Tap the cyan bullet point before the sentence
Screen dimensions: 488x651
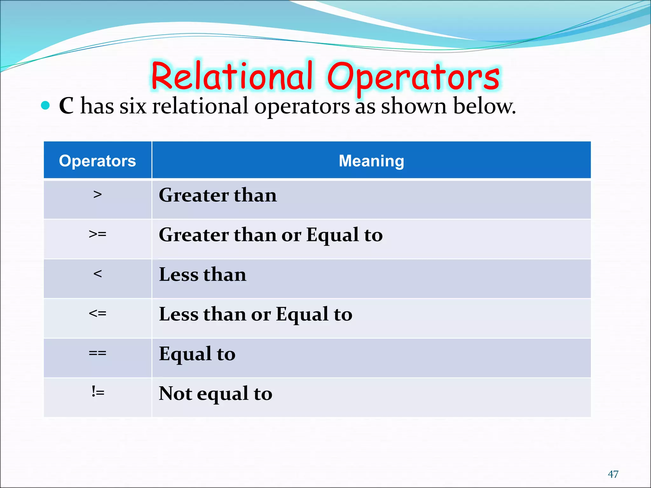pyautogui.click(x=45, y=105)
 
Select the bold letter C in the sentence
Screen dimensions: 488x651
pyautogui.click(x=66, y=106)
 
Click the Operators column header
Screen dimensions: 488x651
pyautogui.click(x=97, y=161)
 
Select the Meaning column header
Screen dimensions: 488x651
pyautogui.click(x=371, y=161)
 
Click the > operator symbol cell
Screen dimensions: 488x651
pyautogui.click(x=98, y=194)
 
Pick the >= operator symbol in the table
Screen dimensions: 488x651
pyautogui.click(x=98, y=234)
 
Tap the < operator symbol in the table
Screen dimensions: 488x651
pyautogui.click(x=98, y=274)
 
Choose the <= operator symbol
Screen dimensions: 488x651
pyautogui.click(x=98, y=314)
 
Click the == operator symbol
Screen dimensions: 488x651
pyautogui.click(x=98, y=353)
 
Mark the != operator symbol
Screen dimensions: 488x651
pyautogui.click(x=98, y=392)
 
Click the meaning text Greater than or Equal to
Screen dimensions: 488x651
pyautogui.click(x=271, y=235)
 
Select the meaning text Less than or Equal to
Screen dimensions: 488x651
pyautogui.click(x=255, y=315)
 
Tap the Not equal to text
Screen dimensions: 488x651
pyautogui.click(x=215, y=394)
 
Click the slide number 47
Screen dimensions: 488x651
pyautogui.click(x=613, y=474)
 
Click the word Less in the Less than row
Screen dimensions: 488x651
pyautogui.click(x=179, y=275)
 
